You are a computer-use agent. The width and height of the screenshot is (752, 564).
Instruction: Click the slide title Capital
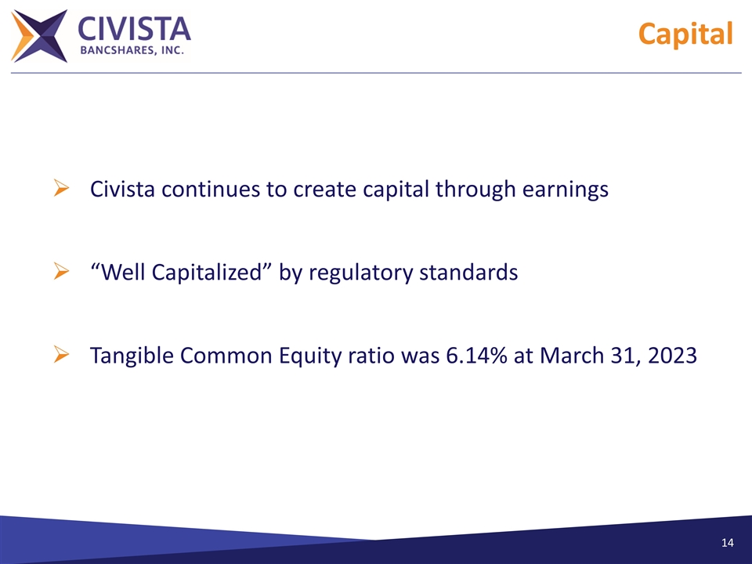685,34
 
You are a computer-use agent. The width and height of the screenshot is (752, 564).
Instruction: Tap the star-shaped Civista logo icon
39,36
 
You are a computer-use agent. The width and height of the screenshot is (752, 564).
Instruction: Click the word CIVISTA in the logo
134,29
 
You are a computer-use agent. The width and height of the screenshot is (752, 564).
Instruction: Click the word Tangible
132,356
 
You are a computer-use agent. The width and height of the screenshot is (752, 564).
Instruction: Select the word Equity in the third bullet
301,356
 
